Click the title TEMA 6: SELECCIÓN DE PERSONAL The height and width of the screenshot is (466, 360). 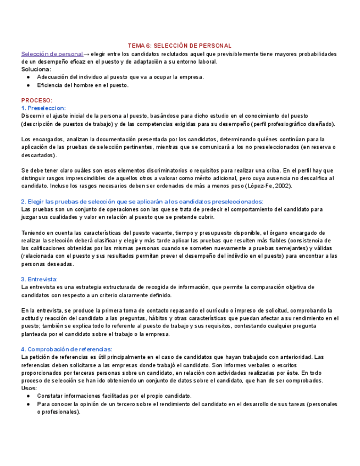coord(180,46)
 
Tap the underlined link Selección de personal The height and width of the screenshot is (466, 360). coord(52,54)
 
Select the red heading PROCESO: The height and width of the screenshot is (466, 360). coord(37,101)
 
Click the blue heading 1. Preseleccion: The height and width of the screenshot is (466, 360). coord(43,108)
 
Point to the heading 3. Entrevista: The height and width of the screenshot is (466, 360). coord(40,279)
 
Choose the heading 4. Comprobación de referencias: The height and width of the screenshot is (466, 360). coord(67,349)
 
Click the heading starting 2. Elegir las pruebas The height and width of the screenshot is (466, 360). coord(142,202)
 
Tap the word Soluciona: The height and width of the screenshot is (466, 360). coord(36,69)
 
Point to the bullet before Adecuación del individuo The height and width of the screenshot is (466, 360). coord(29,77)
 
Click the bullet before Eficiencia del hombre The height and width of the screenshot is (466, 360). coord(29,85)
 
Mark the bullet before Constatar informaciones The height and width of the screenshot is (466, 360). coord(29,396)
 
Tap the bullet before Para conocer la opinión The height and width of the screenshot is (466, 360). coord(29,404)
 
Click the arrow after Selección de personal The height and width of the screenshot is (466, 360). coord(87,54)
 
